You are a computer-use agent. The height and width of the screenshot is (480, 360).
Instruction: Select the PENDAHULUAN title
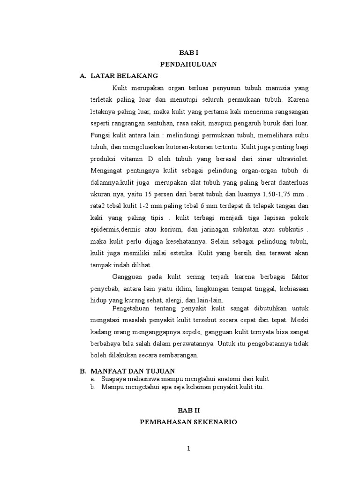click(x=188, y=65)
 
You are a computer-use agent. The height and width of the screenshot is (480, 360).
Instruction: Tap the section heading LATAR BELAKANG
click(x=124, y=75)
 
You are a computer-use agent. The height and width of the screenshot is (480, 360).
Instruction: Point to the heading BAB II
click(x=188, y=409)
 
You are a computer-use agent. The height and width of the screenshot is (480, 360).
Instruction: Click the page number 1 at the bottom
click(x=188, y=449)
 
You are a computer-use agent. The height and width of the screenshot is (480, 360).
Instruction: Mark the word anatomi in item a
click(x=220, y=378)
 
